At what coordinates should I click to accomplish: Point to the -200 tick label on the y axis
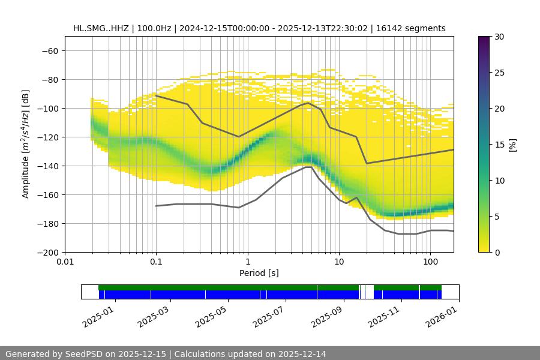click(49, 252)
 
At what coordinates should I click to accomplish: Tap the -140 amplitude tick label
click(49, 166)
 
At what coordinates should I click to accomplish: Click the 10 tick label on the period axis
click(339, 262)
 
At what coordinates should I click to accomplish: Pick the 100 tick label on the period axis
click(430, 262)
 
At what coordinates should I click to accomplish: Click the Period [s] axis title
click(259, 273)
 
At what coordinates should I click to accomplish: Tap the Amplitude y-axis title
click(25, 144)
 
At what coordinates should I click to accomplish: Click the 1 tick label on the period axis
click(248, 262)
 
